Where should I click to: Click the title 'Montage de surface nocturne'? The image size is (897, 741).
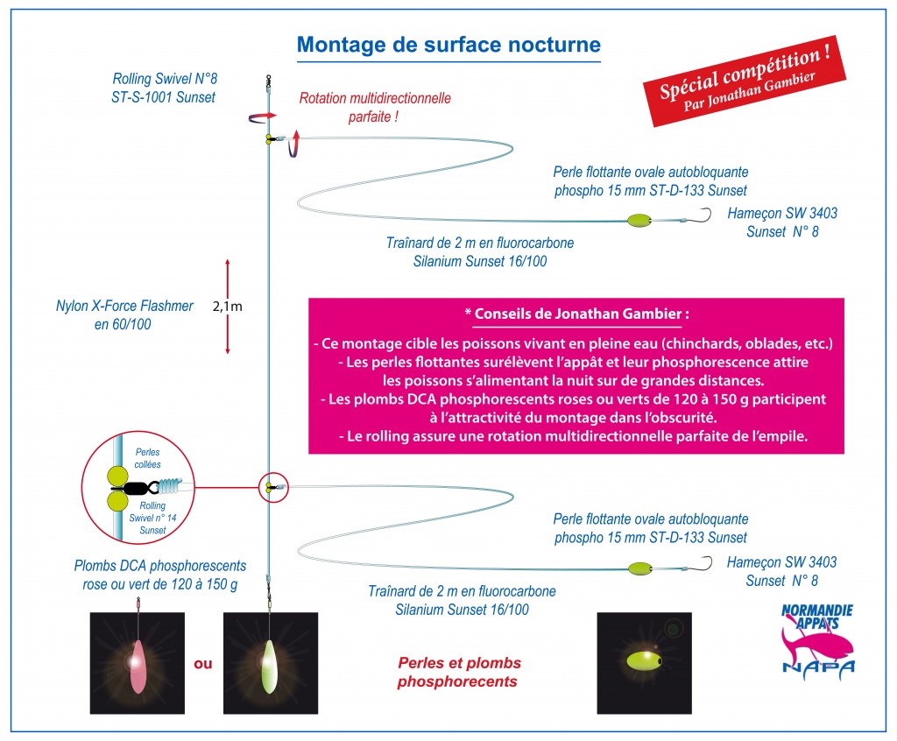(448, 45)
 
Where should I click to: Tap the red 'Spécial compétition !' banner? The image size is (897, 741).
(745, 81)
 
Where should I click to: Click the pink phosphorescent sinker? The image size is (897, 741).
(138, 666)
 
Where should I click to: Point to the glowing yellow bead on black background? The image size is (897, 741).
(643, 662)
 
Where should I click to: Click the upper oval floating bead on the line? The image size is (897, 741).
(639, 221)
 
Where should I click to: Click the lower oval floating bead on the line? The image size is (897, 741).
(639, 568)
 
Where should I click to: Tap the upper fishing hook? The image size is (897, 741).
(706, 215)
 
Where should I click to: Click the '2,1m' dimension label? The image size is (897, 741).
(227, 307)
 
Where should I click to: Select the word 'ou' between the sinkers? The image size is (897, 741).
(203, 664)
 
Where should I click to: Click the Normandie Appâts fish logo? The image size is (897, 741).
(817, 641)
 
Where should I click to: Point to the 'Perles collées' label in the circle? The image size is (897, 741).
(147, 458)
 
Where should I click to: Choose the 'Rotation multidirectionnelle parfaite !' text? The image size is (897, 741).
(375, 108)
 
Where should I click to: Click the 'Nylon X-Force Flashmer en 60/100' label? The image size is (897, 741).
(124, 314)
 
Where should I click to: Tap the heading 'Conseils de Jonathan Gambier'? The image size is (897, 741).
(578, 314)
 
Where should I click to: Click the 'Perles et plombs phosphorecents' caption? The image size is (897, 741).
(459, 672)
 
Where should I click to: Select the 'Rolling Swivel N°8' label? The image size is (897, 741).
(165, 78)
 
